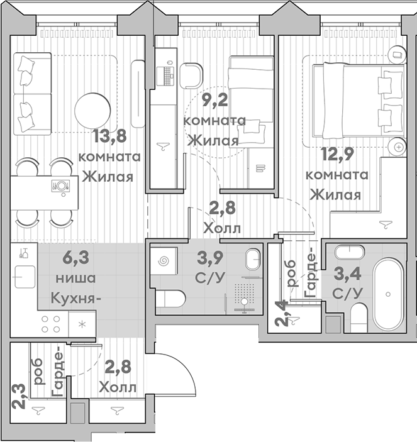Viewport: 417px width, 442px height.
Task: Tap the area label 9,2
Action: tap(211, 99)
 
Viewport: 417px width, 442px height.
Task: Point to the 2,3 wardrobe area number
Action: tap(19, 401)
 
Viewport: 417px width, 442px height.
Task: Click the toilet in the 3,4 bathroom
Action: tap(360, 314)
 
